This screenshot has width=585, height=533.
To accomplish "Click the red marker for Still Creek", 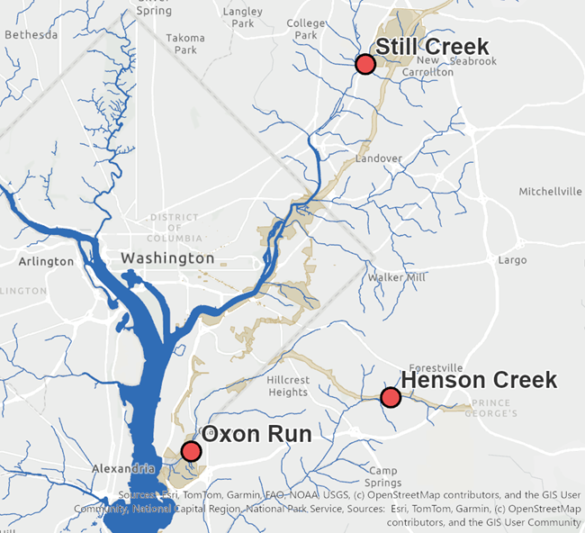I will pyautogui.click(x=364, y=64).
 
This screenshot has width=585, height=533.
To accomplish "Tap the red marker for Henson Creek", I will pyautogui.click(x=391, y=397).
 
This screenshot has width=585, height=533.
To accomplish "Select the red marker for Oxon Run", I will pyautogui.click(x=191, y=451).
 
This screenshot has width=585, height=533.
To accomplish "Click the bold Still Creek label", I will pyautogui.click(x=432, y=47).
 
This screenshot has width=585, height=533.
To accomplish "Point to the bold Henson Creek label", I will pyautogui.click(x=479, y=381).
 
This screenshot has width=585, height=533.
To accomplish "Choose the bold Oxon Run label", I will pyautogui.click(x=256, y=435).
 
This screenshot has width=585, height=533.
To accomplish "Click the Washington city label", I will pyautogui.click(x=168, y=258).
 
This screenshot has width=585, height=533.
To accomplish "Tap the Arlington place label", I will pyautogui.click(x=46, y=261).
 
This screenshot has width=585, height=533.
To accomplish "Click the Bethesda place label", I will pyautogui.click(x=31, y=34).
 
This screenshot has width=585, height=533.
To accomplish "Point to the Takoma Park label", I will pyautogui.click(x=185, y=44).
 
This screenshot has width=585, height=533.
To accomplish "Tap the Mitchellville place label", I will pyautogui.click(x=551, y=192).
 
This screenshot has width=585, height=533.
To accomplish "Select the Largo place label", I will pyautogui.click(x=512, y=260).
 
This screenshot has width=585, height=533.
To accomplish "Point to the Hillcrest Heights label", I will pyautogui.click(x=288, y=385).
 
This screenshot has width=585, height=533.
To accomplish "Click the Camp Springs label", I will pyautogui.click(x=384, y=477).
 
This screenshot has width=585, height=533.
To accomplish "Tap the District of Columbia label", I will pyautogui.click(x=174, y=228).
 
